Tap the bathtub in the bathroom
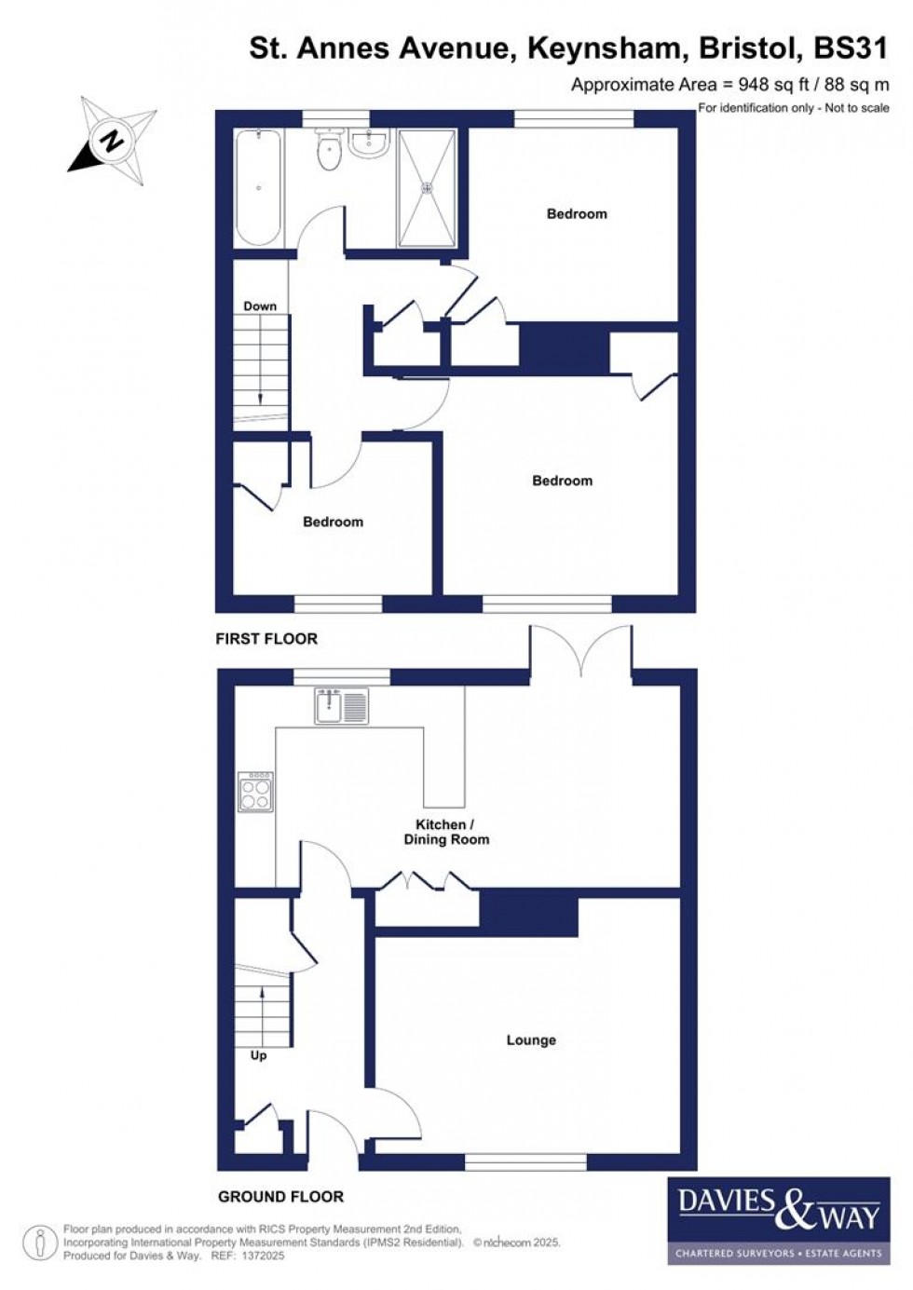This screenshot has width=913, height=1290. (x=258, y=188)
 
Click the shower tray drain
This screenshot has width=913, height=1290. (x=429, y=187)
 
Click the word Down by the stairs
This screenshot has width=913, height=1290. (x=260, y=306)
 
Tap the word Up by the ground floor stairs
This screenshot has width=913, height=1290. (x=258, y=1055)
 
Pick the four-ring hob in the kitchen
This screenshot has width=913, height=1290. (x=255, y=792)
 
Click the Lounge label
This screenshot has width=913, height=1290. (x=531, y=1040)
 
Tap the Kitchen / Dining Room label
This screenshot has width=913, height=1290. (x=445, y=832)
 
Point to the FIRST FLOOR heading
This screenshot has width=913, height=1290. (x=266, y=639)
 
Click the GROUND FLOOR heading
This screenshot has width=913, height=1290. (x=280, y=1197)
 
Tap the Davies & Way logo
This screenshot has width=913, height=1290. (x=778, y=1220)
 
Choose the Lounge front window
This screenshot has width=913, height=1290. (x=525, y=1161)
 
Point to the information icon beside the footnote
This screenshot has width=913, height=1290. (x=40, y=1242)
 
